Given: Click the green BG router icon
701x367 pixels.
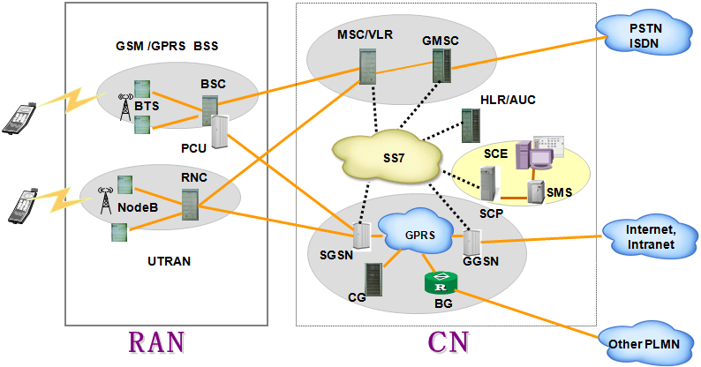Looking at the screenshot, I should [x=441, y=283].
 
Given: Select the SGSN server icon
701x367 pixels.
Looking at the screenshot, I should [x=360, y=235].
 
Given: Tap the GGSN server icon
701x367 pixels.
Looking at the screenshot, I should [x=471, y=241].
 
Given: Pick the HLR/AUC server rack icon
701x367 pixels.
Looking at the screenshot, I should [x=469, y=124].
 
